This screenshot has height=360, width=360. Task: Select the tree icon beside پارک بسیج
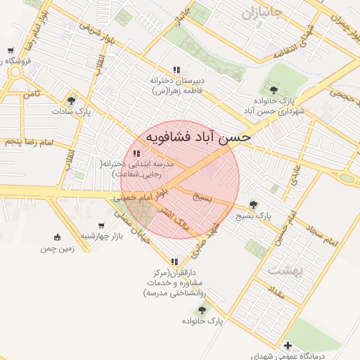(x=254, y=205)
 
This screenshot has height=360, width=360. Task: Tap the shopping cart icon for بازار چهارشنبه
(x=102, y=226)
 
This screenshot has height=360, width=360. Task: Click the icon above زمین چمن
(x=57, y=237)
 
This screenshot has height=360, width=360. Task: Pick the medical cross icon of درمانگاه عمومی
(x=288, y=345)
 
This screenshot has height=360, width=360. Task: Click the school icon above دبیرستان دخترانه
(x=176, y=70)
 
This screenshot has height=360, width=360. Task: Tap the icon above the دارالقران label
(x=166, y=261)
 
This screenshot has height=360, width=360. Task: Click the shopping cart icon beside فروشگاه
(x=10, y=51)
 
